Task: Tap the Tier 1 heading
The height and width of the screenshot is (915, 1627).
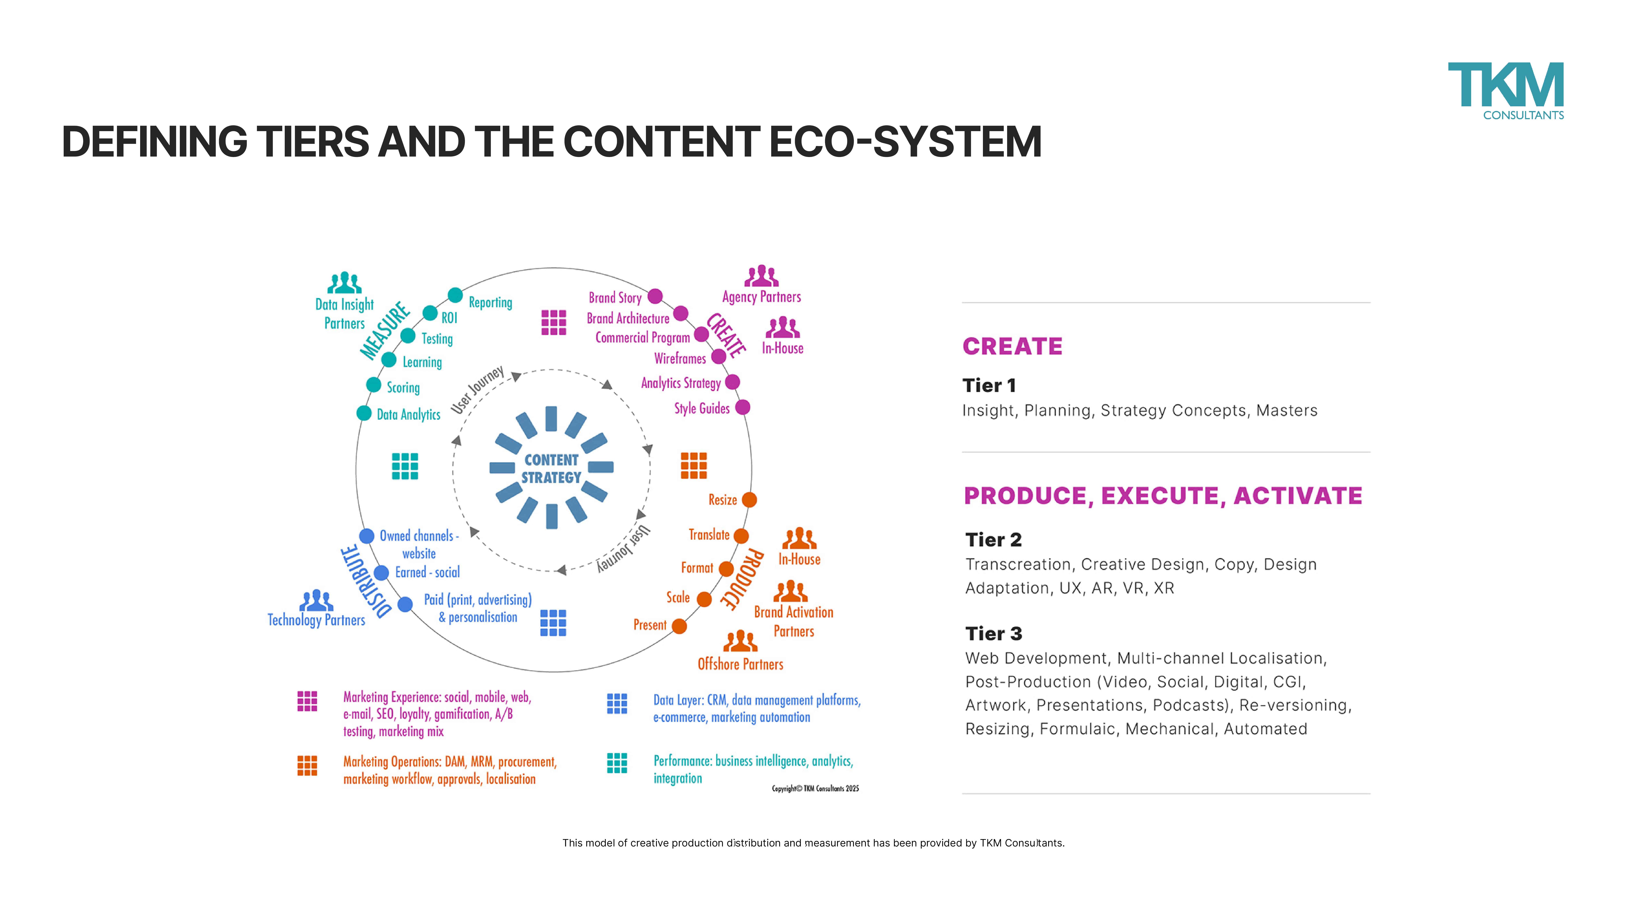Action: [989, 385]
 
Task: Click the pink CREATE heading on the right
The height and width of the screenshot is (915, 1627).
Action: [1012, 346]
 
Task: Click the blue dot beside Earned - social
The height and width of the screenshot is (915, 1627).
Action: [382, 573]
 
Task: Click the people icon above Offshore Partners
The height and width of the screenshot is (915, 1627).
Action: [740, 641]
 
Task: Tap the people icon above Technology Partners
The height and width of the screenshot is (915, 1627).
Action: [316, 600]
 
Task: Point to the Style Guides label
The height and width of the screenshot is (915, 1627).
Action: [702, 408]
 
